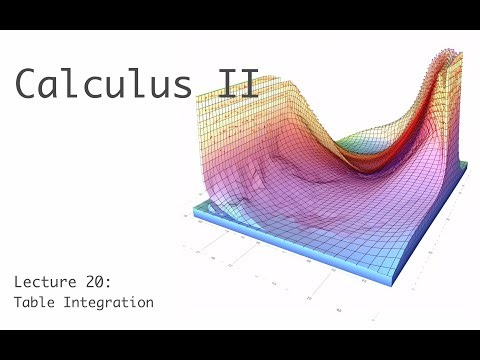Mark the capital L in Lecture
tap(17, 283)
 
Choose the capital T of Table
tap(17, 301)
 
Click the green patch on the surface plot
tap(352, 146)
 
